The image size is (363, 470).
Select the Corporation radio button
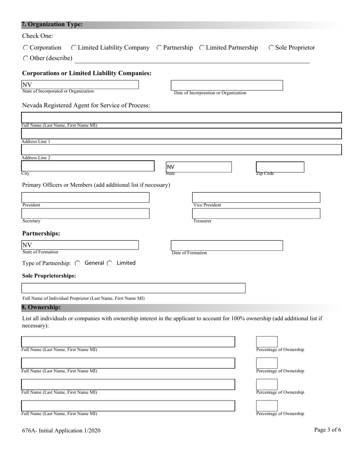[26, 48]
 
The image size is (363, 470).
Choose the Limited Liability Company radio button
[74, 48]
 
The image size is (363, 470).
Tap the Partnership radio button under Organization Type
[159, 48]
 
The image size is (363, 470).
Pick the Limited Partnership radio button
[202, 48]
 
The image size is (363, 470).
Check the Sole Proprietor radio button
[271, 48]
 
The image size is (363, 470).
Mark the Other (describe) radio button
[26, 58]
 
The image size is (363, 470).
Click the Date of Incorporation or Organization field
[227, 85]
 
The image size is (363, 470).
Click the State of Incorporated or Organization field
[80, 84]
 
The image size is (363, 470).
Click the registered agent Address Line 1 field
[181, 133]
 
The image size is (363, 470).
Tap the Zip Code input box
[280, 167]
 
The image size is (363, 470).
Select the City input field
[88, 166]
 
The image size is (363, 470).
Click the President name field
[85, 198]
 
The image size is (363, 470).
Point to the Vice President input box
[256, 198]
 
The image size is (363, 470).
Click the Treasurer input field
[256, 214]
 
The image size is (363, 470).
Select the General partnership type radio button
[78, 263]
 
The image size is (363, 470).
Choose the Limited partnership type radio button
[110, 263]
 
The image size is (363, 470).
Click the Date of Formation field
[227, 245]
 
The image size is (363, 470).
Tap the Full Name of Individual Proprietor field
[133, 288]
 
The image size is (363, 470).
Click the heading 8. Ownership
[41, 307]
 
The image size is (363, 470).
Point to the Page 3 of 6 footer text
[327, 430]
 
